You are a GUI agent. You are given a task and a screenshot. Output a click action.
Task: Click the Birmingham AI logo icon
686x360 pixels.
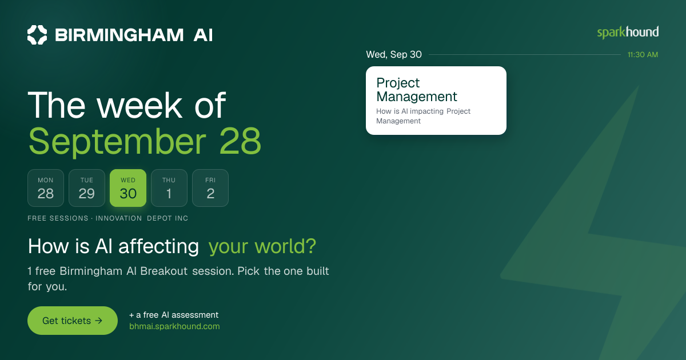click(37, 35)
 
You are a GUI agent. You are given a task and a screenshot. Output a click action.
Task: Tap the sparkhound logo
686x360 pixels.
click(628, 33)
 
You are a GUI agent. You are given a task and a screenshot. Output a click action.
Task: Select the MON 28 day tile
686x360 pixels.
click(46, 188)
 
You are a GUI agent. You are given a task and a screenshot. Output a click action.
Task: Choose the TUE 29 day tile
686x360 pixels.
click(87, 188)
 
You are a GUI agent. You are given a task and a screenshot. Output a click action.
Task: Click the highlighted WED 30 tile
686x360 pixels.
click(128, 188)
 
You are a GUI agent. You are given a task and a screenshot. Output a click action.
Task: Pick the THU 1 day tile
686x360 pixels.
click(169, 188)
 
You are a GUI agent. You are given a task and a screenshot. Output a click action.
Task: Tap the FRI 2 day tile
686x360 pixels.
click(210, 188)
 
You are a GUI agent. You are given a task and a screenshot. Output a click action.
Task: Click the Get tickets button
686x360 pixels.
click(73, 321)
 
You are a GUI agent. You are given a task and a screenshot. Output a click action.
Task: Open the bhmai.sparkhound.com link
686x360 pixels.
click(174, 326)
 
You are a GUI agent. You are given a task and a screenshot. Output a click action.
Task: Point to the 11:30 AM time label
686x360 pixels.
click(643, 55)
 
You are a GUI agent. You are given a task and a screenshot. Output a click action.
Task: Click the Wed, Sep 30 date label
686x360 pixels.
click(394, 54)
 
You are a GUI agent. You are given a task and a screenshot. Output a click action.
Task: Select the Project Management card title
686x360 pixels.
click(417, 90)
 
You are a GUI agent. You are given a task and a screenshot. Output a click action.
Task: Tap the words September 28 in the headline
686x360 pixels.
click(145, 141)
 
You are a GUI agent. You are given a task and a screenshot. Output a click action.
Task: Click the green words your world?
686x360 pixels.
click(262, 246)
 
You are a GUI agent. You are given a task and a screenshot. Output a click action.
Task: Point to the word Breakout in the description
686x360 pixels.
click(164, 271)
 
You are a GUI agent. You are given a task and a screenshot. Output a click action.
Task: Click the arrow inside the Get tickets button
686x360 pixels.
click(98, 321)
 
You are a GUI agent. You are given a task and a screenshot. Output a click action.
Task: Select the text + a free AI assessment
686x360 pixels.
click(174, 315)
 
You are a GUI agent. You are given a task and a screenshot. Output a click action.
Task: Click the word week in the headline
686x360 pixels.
click(140, 105)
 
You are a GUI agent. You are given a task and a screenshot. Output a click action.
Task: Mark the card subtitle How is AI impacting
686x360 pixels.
click(410, 111)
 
